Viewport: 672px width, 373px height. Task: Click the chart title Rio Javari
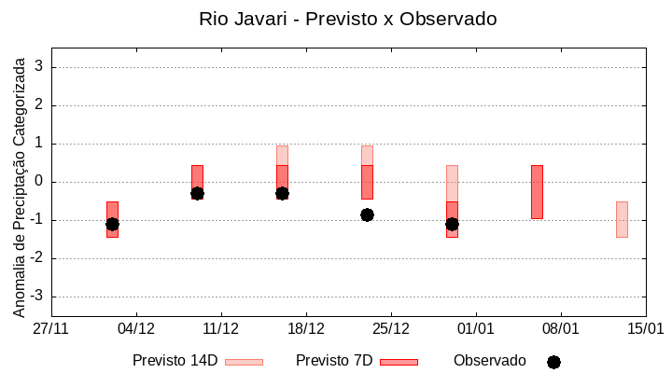tap(347, 19)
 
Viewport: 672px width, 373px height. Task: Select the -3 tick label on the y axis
tap(36, 297)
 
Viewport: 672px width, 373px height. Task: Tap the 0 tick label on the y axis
tap(39, 182)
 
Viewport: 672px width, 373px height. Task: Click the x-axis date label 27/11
tap(51, 329)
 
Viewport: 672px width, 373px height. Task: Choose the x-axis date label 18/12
tap(306, 329)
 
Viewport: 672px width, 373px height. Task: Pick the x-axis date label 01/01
tap(476, 329)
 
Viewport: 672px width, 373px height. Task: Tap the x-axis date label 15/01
tap(645, 329)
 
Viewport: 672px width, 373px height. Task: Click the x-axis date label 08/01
tap(561, 329)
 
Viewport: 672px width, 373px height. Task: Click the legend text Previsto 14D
tap(175, 361)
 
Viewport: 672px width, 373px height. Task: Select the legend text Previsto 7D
tap(334, 361)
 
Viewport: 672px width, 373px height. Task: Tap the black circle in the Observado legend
tap(553, 362)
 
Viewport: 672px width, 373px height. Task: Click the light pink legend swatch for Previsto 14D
tap(244, 362)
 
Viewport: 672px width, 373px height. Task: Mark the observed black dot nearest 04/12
tap(112, 224)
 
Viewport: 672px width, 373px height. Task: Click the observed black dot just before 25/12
tap(367, 214)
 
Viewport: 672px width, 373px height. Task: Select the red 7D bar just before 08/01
tap(537, 192)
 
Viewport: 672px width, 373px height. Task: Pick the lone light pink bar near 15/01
tap(622, 219)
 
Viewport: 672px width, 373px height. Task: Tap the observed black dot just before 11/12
tap(197, 193)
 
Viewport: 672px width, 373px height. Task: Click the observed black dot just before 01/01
tap(452, 224)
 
